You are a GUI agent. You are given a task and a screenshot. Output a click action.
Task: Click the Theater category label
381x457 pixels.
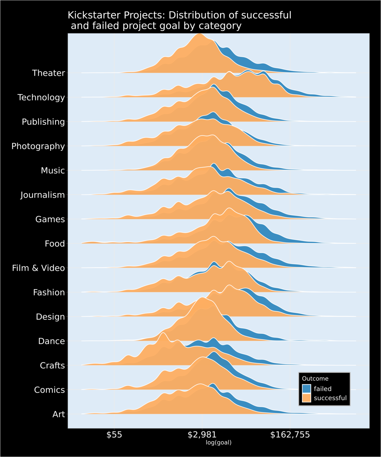click(x=48, y=73)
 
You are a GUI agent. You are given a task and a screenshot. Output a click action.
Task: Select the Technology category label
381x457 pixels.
click(x=41, y=98)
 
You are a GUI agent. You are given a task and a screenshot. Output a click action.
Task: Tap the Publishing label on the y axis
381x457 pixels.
click(x=43, y=122)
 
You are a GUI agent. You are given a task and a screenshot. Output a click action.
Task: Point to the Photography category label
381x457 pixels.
click(x=38, y=146)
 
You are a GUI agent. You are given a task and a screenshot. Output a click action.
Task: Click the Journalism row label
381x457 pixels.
click(x=43, y=195)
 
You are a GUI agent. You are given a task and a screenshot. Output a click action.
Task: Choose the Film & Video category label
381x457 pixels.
click(x=38, y=268)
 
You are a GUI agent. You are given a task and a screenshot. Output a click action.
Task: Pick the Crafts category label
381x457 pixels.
click(x=52, y=366)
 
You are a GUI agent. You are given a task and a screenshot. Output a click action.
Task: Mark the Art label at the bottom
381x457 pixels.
click(x=59, y=414)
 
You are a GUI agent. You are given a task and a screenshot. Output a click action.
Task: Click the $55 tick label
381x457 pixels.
click(x=114, y=435)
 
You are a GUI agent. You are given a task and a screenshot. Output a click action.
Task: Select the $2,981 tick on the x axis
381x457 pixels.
click(x=202, y=435)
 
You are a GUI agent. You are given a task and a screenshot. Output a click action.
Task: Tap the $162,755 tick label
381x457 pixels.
click(x=290, y=435)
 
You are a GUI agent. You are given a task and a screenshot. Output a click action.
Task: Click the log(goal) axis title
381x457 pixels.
click(x=219, y=442)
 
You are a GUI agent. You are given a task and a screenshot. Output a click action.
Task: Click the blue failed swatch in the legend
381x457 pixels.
click(x=307, y=389)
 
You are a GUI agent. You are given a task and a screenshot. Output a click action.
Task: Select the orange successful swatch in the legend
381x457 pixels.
click(x=307, y=398)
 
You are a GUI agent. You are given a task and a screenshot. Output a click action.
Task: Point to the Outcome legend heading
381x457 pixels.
click(x=315, y=379)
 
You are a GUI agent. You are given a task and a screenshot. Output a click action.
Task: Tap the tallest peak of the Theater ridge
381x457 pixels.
click(x=199, y=34)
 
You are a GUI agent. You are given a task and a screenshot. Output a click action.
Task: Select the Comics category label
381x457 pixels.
click(x=49, y=390)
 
